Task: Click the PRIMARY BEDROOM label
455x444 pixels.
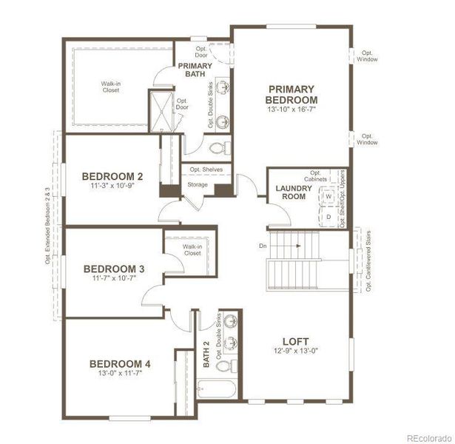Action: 292,94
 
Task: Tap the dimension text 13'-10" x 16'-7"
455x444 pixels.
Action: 292,110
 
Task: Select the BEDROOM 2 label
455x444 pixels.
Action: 112,176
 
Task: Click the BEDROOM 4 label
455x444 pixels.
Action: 120,363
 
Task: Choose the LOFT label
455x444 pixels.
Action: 295,340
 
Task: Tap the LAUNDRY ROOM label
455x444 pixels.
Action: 294,192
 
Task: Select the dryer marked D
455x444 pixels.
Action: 328,217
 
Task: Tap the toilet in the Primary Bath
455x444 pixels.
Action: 220,146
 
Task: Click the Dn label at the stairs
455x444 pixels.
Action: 263,245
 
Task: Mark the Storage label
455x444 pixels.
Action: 197,184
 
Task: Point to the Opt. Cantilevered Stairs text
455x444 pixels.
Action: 368,259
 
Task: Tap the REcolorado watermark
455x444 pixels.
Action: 425,435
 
